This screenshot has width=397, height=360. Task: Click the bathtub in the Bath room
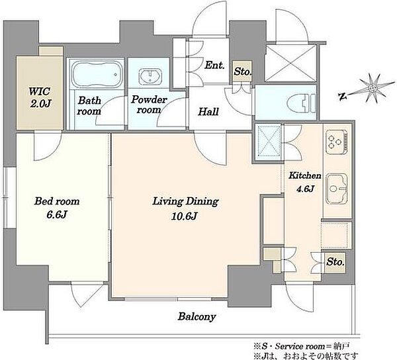pyautogui.click(x=97, y=74)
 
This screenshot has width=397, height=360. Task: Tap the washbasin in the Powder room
pyautogui.click(x=150, y=75)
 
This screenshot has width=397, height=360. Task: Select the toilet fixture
pyautogui.click(x=302, y=103)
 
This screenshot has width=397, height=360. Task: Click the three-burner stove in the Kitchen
pyautogui.click(x=336, y=142)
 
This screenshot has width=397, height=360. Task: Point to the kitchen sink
pyautogui.click(x=337, y=189)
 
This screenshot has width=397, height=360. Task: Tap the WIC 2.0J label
pyautogui.click(x=40, y=97)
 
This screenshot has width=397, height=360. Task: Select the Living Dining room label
pyautogui.click(x=185, y=202)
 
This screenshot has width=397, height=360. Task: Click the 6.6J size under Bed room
pyautogui.click(x=57, y=214)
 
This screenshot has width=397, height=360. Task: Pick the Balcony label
pyautogui.click(x=197, y=316)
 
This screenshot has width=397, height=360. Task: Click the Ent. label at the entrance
pyautogui.click(x=214, y=66)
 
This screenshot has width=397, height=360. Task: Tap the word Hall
pyautogui.click(x=208, y=112)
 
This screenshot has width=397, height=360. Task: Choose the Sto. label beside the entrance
pyautogui.click(x=243, y=71)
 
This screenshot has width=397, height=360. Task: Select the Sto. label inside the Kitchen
pyautogui.click(x=335, y=262)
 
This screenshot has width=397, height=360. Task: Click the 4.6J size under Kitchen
pyautogui.click(x=305, y=189)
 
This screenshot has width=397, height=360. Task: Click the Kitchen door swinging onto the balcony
pyautogui.click(x=299, y=297)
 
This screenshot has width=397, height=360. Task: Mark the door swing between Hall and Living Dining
pyautogui.click(x=210, y=148)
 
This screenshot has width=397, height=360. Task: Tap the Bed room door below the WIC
pyautogui.click(x=48, y=146)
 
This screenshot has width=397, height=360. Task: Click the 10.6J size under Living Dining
pyautogui.click(x=185, y=216)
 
